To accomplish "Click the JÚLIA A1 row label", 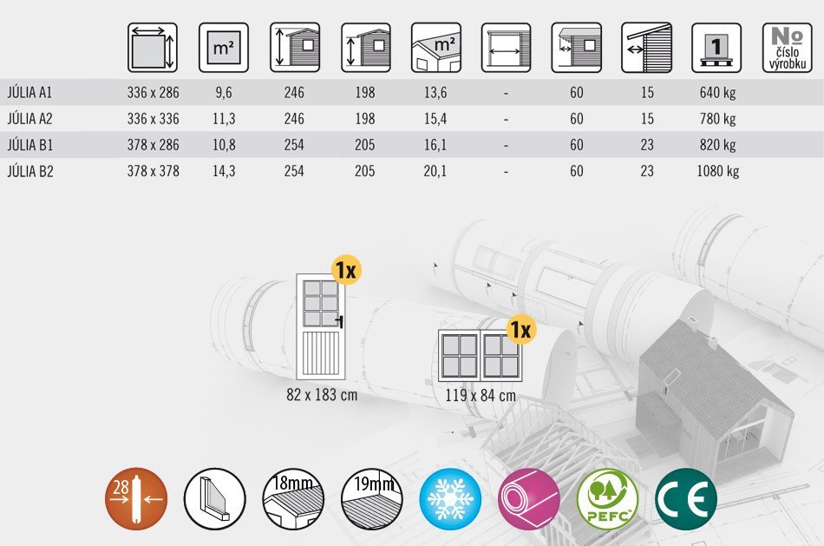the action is (x=29, y=93).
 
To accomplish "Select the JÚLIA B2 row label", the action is (x=30, y=172).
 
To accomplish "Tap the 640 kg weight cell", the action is (x=717, y=93).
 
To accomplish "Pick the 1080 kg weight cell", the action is (x=718, y=172).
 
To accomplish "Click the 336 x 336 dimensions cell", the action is (x=153, y=119).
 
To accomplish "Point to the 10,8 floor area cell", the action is (x=224, y=145).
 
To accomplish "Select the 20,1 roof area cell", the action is (x=435, y=172).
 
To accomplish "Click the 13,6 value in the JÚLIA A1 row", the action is (x=435, y=93).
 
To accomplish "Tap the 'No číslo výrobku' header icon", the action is (x=788, y=48).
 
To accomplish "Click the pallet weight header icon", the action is (x=716, y=48).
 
